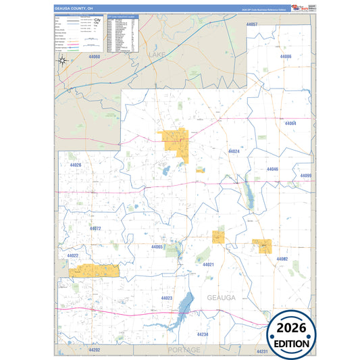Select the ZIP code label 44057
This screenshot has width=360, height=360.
[251, 24]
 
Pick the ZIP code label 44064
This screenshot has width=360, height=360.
[291, 124]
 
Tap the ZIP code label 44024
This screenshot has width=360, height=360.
[234, 151]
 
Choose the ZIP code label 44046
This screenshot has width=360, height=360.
[272, 169]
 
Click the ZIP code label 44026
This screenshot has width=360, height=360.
[75, 165]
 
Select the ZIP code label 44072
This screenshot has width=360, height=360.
[95, 228]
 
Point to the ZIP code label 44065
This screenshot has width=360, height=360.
[157, 247]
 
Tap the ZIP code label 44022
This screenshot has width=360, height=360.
[73, 255]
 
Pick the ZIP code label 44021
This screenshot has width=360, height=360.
[208, 265]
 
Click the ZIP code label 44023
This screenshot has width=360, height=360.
[167, 298]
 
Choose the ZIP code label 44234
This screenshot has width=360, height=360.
[203, 334]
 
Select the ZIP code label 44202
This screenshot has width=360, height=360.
[94, 350]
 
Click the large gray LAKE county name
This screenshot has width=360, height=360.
[156, 53]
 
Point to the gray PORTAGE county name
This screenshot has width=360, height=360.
[184, 350]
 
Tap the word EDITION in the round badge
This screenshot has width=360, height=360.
[292, 344]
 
